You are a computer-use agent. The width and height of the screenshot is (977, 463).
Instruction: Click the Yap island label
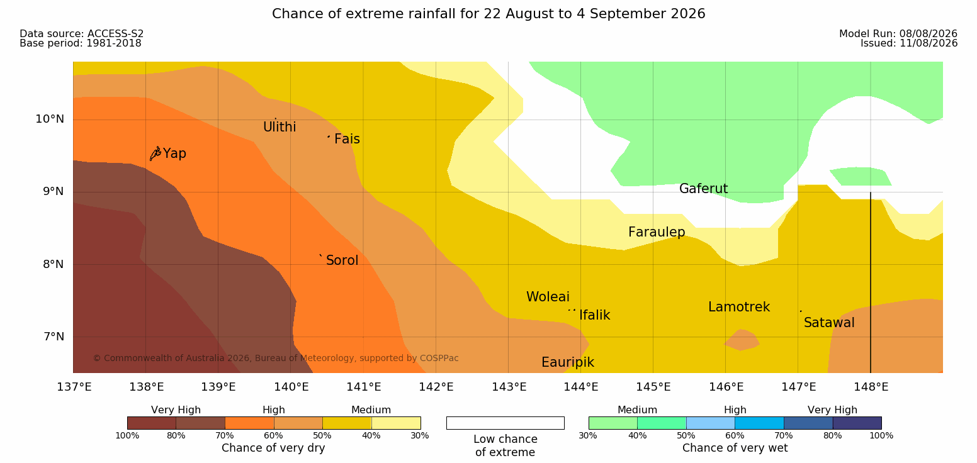pyautogui.click(x=174, y=153)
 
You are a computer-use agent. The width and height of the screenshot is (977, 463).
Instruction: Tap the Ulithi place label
pyautogui.click(x=280, y=127)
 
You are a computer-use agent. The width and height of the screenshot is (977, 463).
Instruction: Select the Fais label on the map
pyautogui.click(x=347, y=139)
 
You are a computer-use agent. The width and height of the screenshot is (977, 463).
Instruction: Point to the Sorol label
pyautogui.click(x=342, y=260)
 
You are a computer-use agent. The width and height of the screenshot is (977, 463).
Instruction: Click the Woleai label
pyautogui.click(x=548, y=297)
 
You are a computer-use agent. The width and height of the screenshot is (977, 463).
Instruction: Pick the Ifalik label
pyautogui.click(x=594, y=315)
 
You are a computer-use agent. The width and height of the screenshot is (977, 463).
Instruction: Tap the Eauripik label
pyautogui.click(x=568, y=362)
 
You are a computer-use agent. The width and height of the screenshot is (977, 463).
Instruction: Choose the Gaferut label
pyautogui.click(x=704, y=189)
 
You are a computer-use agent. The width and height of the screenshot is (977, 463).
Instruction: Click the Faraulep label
pyautogui.click(x=657, y=232)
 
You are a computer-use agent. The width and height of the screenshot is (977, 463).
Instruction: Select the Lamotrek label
pyautogui.click(x=739, y=307)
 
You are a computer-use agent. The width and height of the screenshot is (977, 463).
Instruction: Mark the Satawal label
pyautogui.click(x=829, y=323)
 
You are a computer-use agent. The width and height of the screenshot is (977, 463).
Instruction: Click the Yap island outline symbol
pyautogui.click(x=155, y=153)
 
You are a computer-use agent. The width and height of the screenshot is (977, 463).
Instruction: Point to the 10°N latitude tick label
pyautogui.click(x=50, y=119)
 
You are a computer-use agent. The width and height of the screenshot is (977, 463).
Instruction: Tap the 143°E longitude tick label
pyautogui.click(x=509, y=387)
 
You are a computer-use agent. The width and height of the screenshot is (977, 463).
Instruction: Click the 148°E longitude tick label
pyautogui.click(x=871, y=387)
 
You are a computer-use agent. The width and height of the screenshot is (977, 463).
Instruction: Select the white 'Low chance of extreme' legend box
pyautogui.click(x=505, y=423)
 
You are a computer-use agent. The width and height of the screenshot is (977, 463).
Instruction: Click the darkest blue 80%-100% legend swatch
pyautogui.click(x=857, y=423)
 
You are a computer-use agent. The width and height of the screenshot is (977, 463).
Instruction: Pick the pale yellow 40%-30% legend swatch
pyautogui.click(x=396, y=423)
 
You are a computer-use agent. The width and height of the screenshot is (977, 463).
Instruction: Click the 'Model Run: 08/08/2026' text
pyautogui.click(x=898, y=34)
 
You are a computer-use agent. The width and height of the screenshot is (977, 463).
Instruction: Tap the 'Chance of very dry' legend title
pyautogui.click(x=273, y=448)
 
